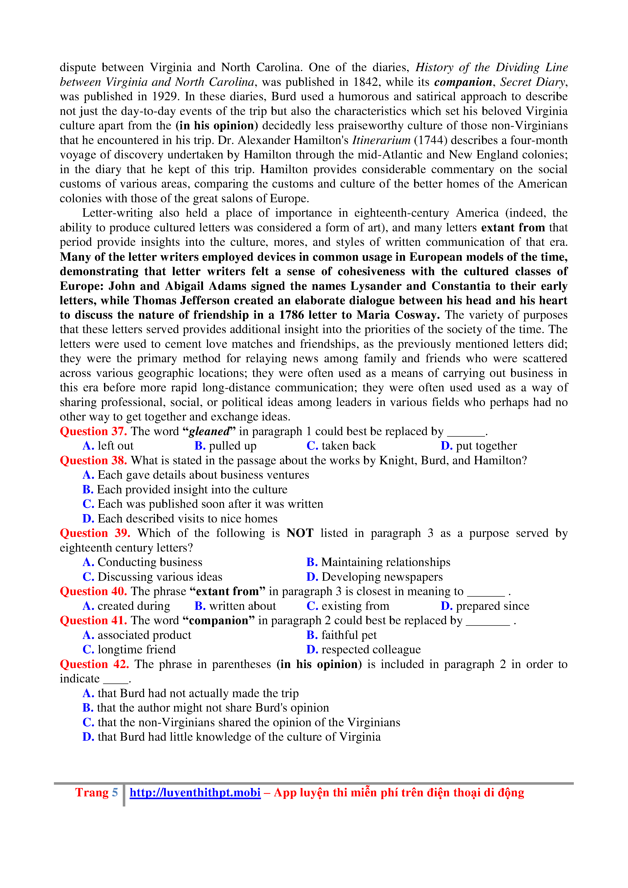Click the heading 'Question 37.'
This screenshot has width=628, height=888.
click(93, 431)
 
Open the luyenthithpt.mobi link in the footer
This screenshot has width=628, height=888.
click(195, 793)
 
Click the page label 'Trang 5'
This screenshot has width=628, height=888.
click(96, 793)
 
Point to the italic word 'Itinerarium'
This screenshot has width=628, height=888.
click(381, 140)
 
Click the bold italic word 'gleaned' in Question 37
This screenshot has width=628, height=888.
click(209, 431)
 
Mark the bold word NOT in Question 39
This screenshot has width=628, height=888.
click(300, 533)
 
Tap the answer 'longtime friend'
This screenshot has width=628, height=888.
click(136, 650)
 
